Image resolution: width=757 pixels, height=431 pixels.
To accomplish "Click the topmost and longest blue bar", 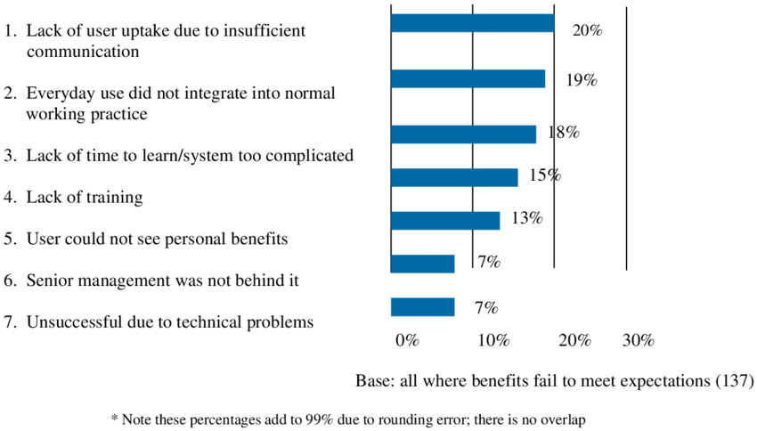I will pos(472,23).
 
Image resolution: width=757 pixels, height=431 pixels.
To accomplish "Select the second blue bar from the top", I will pos(468,79).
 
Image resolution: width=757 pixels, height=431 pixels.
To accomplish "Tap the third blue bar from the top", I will pos(464,134).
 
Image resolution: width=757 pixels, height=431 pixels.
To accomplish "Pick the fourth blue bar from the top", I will pos(455,176).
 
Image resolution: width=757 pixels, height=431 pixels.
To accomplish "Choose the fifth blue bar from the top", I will pos(445,220).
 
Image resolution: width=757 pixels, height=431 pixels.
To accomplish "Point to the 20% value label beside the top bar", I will pos(588,31).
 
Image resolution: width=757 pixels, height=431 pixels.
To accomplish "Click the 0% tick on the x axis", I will pos(407,340).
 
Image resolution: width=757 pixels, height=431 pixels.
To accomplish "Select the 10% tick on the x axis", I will pos(492,340).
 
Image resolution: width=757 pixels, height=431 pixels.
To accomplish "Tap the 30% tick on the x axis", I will pos(638,340).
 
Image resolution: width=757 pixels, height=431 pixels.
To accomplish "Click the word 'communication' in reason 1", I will pos(82,52).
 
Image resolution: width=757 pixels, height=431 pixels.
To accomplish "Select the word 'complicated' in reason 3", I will pos(308,156).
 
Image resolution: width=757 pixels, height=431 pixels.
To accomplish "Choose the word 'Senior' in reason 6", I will pos(52,281).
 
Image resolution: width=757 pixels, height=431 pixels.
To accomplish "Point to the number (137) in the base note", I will pos(735,381).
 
